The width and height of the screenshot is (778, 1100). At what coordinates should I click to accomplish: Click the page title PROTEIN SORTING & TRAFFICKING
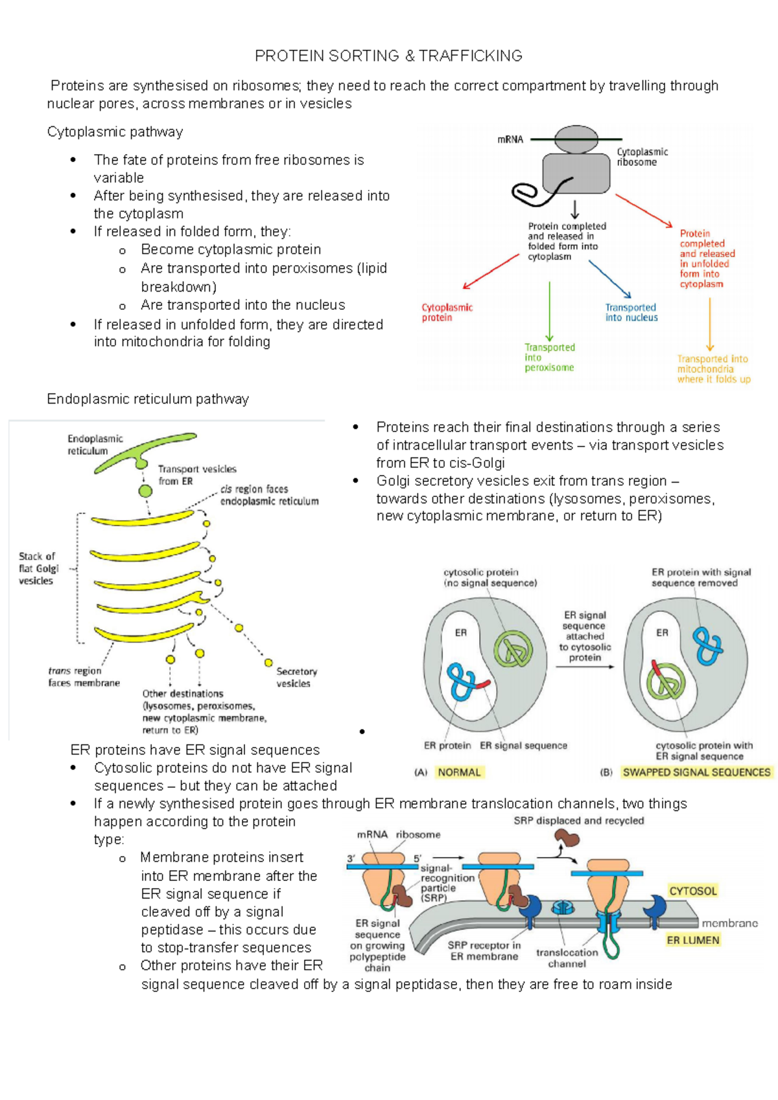[388, 56]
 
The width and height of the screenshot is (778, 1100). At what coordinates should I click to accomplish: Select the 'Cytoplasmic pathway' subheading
[115, 132]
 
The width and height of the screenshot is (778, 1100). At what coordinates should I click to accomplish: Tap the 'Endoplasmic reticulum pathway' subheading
[148, 399]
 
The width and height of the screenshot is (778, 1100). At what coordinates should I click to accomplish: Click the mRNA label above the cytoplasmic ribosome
[510, 139]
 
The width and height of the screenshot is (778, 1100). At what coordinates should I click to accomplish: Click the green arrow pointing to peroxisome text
[550, 311]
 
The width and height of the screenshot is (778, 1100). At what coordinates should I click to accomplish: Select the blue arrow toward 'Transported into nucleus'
[609, 279]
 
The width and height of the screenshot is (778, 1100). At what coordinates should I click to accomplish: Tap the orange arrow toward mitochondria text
[710, 324]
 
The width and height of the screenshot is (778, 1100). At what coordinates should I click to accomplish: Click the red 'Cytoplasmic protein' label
[447, 312]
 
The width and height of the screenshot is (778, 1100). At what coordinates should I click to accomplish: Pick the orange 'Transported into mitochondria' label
[713, 369]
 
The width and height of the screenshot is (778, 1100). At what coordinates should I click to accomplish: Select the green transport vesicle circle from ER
[145, 490]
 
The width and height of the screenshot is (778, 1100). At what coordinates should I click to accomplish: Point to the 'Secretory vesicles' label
[296, 677]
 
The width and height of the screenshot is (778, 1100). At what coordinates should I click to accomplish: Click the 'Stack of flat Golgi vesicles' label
[38, 568]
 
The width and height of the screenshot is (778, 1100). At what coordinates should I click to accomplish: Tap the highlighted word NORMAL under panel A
[459, 772]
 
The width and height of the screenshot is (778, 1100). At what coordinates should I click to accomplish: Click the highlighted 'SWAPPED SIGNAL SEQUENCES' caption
[696, 772]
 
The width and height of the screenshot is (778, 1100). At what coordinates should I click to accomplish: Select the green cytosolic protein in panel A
[513, 649]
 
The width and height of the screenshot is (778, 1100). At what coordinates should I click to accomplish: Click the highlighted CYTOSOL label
[693, 891]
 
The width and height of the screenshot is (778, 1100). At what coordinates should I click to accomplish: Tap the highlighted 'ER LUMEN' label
[693, 940]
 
